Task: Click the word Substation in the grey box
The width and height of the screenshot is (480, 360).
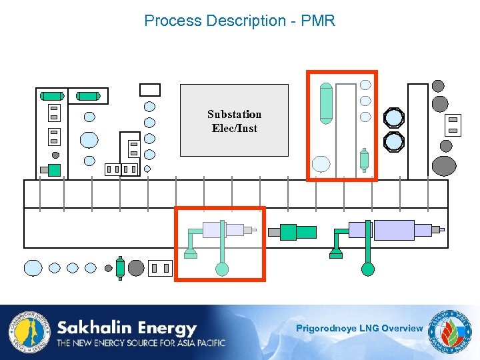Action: pyautogui.click(x=234, y=114)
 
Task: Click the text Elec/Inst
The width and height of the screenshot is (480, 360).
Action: pyautogui.click(x=234, y=128)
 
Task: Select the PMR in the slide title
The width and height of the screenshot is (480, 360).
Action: pyautogui.click(x=318, y=21)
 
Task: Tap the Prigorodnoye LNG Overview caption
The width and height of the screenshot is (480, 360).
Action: pyautogui.click(x=359, y=328)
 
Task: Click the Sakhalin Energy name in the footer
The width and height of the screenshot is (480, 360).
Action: pyautogui.click(x=127, y=328)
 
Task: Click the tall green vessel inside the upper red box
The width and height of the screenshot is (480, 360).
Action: pyautogui.click(x=326, y=103)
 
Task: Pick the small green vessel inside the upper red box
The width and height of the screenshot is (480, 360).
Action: pyautogui.click(x=364, y=160)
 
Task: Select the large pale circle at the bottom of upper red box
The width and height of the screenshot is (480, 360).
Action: pyautogui.click(x=321, y=164)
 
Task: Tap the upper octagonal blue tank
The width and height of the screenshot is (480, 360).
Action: pyautogui.click(x=394, y=118)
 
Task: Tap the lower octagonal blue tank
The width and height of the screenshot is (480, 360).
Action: pyautogui.click(x=394, y=141)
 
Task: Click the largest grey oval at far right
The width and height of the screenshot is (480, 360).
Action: pyautogui.click(x=444, y=165)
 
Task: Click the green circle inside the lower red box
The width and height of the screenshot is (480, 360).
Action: pyautogui.click(x=222, y=269)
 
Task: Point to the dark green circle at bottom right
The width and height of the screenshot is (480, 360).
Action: pyautogui.click(x=367, y=269)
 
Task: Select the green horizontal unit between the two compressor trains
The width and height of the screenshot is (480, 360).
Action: pyautogui.click(x=297, y=231)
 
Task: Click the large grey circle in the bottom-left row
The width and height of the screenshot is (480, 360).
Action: pyautogui.click(x=136, y=268)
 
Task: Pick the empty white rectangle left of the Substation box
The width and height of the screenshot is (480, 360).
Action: pyautogui.click(x=150, y=89)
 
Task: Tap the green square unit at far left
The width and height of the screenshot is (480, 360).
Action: pyautogui.click(x=53, y=170)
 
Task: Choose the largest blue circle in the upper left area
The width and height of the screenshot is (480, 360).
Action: pyautogui.click(x=89, y=139)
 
